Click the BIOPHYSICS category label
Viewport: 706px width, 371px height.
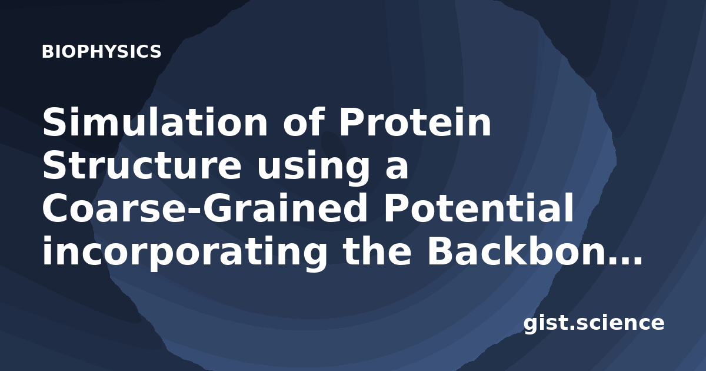pyautogui.click(x=101, y=52)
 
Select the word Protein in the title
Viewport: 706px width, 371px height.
pyautogui.click(x=415, y=122)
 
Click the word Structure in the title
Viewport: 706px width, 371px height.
pyautogui.click(x=142, y=165)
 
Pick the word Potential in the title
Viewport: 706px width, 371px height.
pyautogui.click(x=478, y=208)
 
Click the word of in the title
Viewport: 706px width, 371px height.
pyautogui.click(x=304, y=122)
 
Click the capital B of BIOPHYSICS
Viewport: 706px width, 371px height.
pyautogui.click(x=47, y=52)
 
